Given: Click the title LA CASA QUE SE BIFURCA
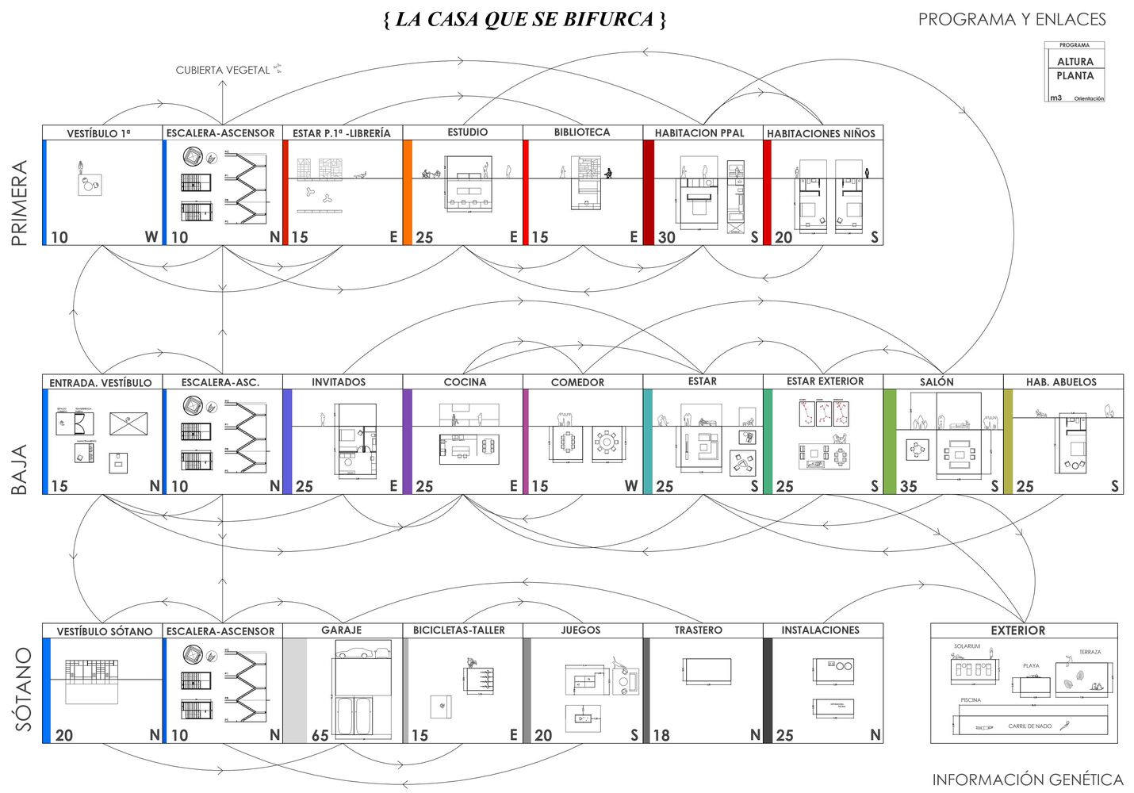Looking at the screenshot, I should (x=524, y=20).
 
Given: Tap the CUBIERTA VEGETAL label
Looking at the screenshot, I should (x=223, y=71).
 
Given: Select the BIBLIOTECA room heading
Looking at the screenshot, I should (x=582, y=132).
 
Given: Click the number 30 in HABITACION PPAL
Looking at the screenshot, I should (x=667, y=237).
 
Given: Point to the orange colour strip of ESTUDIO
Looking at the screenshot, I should (x=408, y=193).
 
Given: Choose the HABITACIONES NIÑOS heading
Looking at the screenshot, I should (x=821, y=133).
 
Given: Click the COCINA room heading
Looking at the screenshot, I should (x=465, y=382).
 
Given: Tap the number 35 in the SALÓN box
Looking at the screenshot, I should (x=908, y=486).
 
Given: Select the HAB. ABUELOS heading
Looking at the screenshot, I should (x=1061, y=382).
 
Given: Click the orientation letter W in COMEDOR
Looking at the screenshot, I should (x=630, y=486).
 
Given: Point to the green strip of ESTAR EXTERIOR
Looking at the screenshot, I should (x=768, y=442).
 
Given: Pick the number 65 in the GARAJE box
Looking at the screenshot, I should (x=320, y=736).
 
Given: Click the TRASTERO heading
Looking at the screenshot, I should (x=699, y=630).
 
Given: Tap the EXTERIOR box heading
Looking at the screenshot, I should (x=1018, y=630).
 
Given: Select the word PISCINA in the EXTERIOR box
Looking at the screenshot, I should (x=971, y=700).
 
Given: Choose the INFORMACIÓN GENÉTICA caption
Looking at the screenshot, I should (x=1028, y=780).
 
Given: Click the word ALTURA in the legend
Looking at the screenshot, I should (x=1075, y=61).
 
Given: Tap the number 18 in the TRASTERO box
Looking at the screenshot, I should (x=661, y=736).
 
